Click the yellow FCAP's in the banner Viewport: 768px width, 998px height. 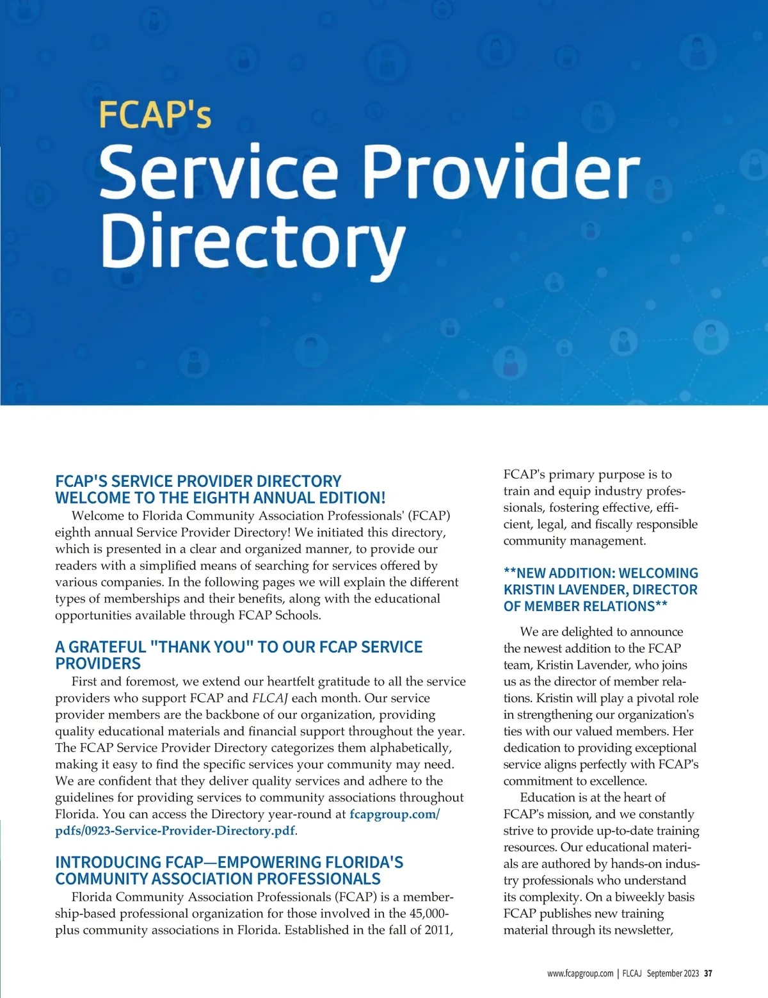point(155,115)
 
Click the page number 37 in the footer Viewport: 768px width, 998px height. point(708,973)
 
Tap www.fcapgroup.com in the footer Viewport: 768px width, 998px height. point(580,973)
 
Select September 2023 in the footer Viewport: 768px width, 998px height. point(673,973)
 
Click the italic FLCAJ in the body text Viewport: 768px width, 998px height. point(269,698)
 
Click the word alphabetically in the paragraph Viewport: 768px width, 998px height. point(410,748)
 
